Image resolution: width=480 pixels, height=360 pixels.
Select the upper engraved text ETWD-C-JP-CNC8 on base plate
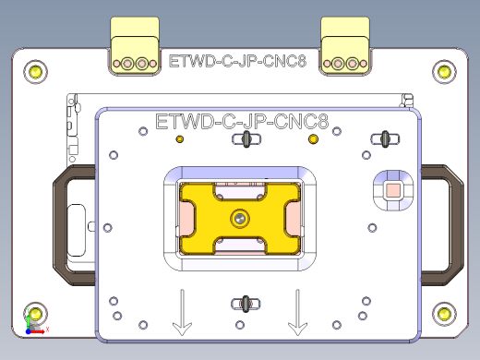point(238,63)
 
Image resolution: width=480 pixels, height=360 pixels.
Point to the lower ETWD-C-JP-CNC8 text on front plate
point(243,120)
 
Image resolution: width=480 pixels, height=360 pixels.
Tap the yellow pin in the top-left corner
point(35,70)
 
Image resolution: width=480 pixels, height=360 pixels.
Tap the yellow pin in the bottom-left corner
point(35,311)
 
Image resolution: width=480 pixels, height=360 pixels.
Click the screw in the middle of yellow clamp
point(240,218)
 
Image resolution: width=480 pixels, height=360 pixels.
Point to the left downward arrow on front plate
point(183,313)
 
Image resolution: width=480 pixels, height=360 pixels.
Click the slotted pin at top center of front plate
point(246,139)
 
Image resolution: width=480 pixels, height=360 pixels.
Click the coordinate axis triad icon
point(34,324)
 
